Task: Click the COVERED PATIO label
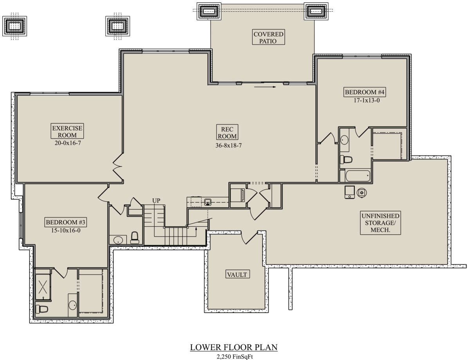tap(268, 37)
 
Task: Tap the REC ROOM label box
tap(227, 132)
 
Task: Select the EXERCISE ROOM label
tap(67, 131)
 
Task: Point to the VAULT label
tap(237, 274)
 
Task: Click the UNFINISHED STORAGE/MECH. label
tap(380, 223)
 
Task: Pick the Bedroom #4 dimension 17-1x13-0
tap(366, 100)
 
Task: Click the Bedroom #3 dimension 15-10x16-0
tap(66, 230)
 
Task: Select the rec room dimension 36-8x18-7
tap(228, 145)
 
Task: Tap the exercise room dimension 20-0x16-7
tap(68, 143)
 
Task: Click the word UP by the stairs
tap(156, 201)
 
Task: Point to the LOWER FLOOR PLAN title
tap(234, 347)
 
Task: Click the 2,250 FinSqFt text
tap(235, 356)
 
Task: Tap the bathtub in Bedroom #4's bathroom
tap(358, 176)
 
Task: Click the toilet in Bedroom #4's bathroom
tap(346, 159)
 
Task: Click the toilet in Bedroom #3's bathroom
tap(42, 309)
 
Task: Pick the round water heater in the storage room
tap(362, 192)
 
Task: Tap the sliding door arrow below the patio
tap(265, 87)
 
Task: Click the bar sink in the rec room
tap(208, 202)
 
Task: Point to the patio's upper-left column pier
tap(209, 11)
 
